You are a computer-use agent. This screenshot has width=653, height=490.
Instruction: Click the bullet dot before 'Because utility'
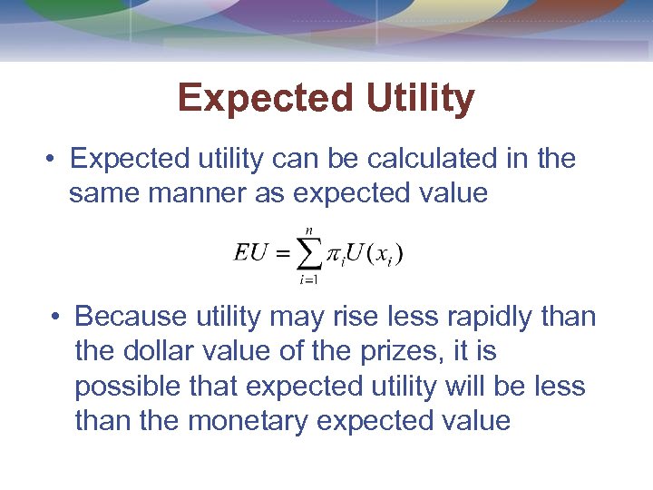click(x=56, y=318)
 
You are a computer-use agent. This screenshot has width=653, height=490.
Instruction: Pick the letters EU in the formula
click(x=250, y=253)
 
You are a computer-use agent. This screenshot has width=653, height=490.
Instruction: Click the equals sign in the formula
click(x=282, y=255)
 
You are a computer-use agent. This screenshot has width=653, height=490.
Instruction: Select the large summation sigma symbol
click(x=310, y=254)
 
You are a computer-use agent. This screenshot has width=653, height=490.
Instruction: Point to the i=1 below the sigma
click(x=309, y=279)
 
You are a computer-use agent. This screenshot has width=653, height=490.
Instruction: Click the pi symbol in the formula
click(x=335, y=256)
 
